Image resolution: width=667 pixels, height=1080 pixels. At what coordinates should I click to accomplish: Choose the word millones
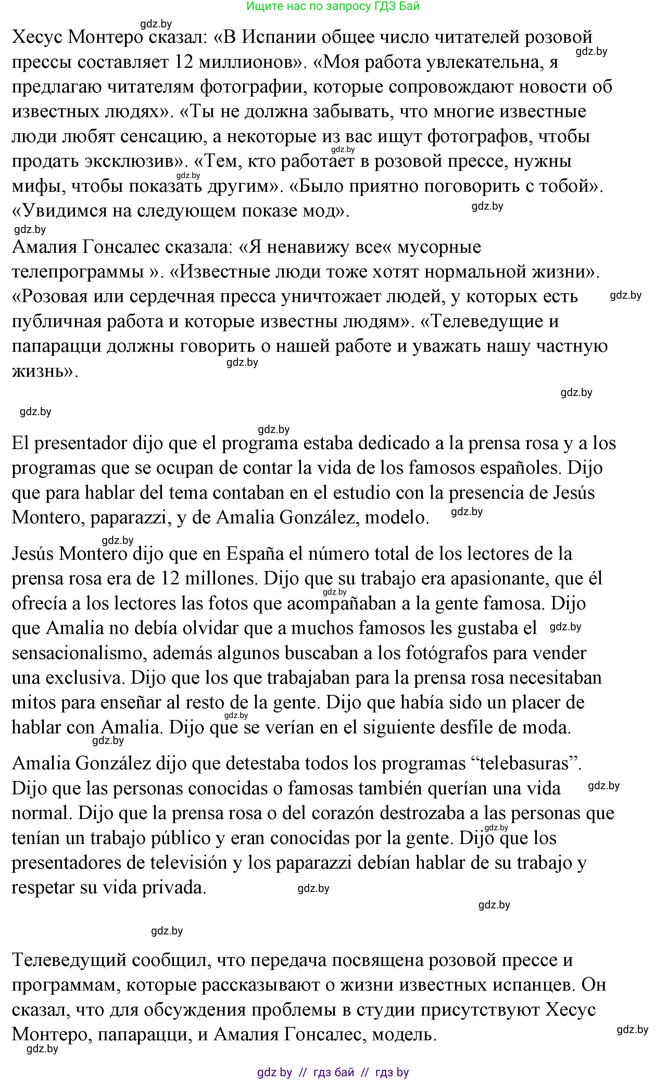click(218, 579)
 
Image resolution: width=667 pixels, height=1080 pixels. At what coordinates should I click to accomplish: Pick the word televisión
click(192, 862)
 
